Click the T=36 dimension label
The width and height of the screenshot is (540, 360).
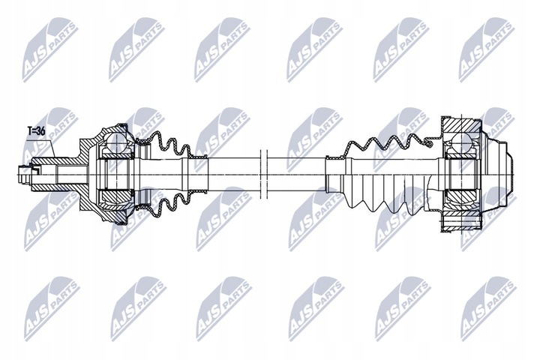coord(36,130)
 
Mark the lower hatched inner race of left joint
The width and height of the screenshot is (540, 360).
coord(116,199)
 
